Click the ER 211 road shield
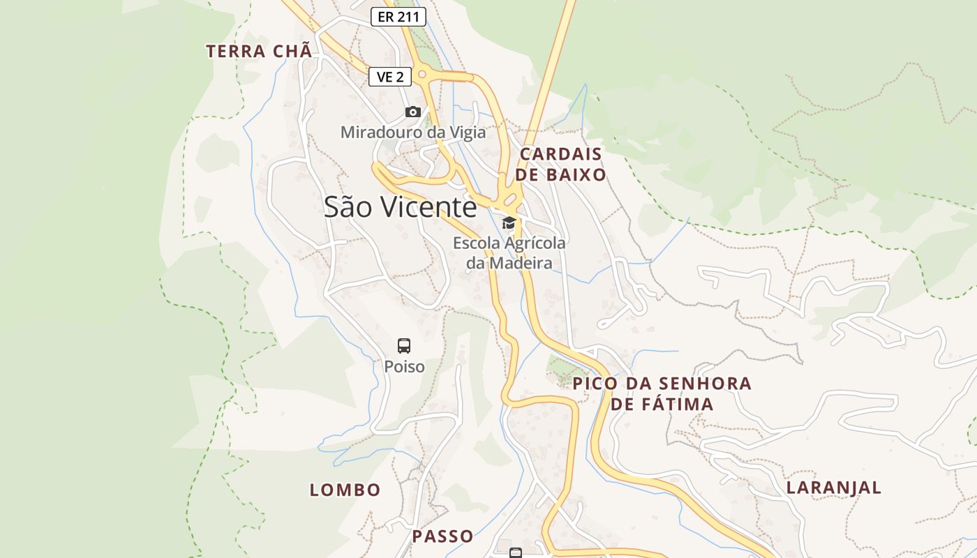point(398,17)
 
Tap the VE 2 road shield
point(390,77)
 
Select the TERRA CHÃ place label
point(258,51)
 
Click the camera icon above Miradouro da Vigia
point(413,112)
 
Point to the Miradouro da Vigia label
point(412,132)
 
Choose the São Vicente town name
point(400,207)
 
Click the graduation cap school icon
point(509,223)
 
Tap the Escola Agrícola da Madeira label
point(509,253)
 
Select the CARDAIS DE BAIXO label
point(562,164)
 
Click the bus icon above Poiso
point(404,345)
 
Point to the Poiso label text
point(404,366)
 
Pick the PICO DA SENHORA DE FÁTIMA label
point(662,393)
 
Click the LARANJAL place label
point(834,488)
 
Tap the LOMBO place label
point(345,490)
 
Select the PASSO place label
point(442,536)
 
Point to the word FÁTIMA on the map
point(671,404)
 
